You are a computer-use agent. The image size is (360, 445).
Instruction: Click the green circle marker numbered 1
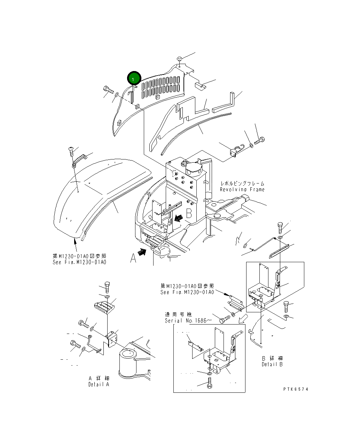tap(134, 79)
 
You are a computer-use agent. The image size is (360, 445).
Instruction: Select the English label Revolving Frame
tap(242, 189)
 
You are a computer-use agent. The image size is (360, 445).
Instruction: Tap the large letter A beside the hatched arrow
tap(133, 258)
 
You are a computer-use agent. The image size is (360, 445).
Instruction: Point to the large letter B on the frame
tap(189, 213)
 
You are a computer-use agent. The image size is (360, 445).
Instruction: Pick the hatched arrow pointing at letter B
tap(179, 218)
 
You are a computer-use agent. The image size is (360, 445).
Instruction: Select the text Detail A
tap(99, 384)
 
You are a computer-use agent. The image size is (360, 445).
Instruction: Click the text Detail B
tap(272, 364)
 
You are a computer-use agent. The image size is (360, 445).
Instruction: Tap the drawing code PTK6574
tap(296, 389)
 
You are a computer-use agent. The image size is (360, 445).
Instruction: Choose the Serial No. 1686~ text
tap(188, 320)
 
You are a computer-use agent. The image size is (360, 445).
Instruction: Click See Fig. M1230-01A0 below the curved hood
tap(79, 262)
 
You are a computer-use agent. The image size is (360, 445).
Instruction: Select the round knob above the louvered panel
tap(180, 58)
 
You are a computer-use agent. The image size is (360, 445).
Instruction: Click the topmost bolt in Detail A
tap(107, 286)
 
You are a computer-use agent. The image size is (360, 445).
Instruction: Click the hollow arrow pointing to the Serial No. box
tap(244, 318)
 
